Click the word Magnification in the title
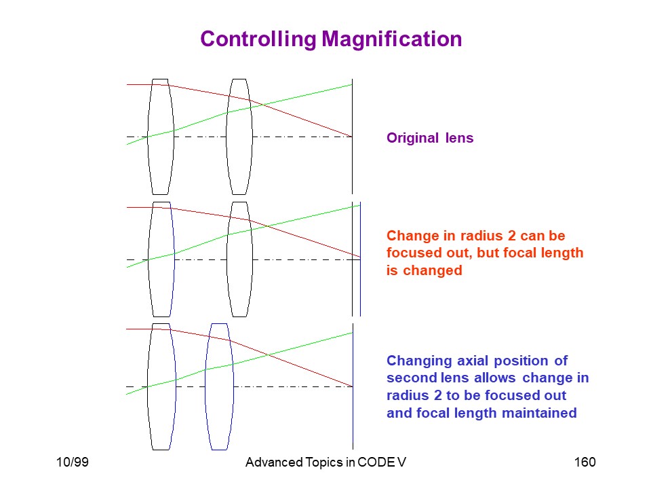[391, 39]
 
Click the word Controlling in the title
[258, 39]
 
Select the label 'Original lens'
[430, 138]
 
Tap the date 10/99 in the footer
[73, 462]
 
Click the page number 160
[585, 462]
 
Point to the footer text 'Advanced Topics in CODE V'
[325, 462]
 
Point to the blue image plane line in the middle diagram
[360, 259]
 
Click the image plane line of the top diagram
[353, 137]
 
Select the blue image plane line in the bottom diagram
[353, 386]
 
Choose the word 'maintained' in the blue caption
[539, 413]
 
